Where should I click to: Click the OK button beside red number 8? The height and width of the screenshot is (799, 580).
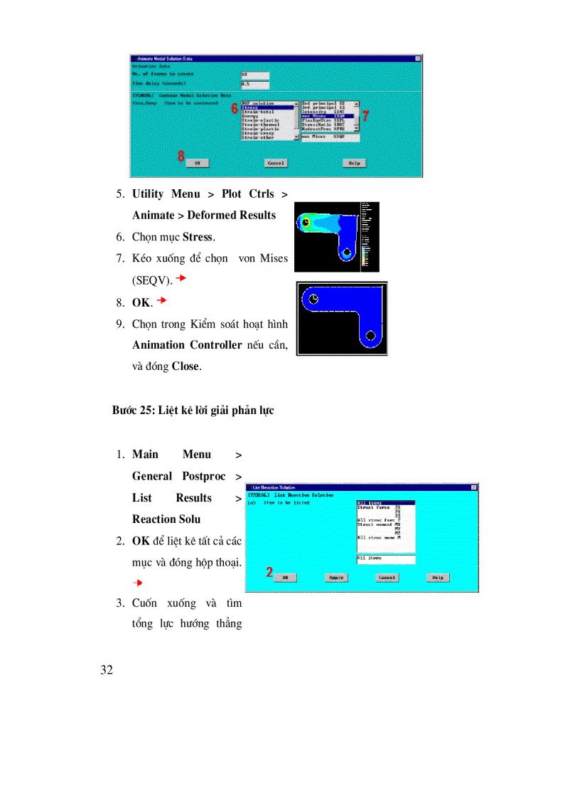pyautogui.click(x=197, y=163)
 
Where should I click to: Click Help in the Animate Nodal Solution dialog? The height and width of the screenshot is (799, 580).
pyautogui.click(x=354, y=163)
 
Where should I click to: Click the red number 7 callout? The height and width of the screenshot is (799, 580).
pyautogui.click(x=365, y=116)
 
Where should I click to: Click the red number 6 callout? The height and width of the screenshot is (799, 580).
pyautogui.click(x=235, y=109)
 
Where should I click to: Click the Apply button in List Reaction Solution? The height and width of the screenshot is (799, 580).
pyautogui.click(x=335, y=577)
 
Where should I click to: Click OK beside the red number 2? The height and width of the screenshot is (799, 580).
pyautogui.click(x=285, y=577)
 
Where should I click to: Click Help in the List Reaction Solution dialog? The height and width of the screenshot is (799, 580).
pyautogui.click(x=438, y=577)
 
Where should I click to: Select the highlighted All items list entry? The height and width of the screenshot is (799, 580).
pyautogui.click(x=384, y=503)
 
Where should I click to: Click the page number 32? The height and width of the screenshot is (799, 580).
pyautogui.click(x=107, y=670)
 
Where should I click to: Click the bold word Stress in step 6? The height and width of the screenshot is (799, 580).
pyautogui.click(x=198, y=237)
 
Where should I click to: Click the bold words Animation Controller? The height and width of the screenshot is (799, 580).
pyautogui.click(x=187, y=345)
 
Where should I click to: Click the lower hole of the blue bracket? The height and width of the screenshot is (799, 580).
pyautogui.click(x=370, y=334)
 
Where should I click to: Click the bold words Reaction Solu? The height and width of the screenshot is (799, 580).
pyautogui.click(x=166, y=519)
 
